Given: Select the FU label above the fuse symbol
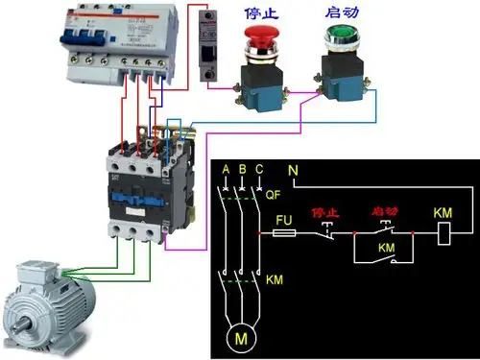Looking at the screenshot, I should [283, 220].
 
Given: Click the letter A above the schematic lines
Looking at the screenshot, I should [225, 172].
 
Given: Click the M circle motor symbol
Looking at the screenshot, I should [241, 337].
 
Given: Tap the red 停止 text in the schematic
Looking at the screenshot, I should [324, 212].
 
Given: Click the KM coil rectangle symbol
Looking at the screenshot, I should [444, 232].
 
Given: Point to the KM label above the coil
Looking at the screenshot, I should [443, 211].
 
